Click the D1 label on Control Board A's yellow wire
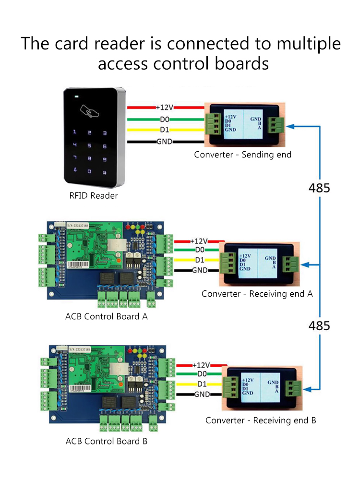200,260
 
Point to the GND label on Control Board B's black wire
202,394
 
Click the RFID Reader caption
94,195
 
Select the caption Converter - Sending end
242,155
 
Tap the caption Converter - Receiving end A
257,294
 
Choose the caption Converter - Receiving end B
261,420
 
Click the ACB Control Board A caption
107,316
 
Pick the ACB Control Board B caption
107,441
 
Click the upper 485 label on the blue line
319,188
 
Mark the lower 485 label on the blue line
319,325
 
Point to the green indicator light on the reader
76,96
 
